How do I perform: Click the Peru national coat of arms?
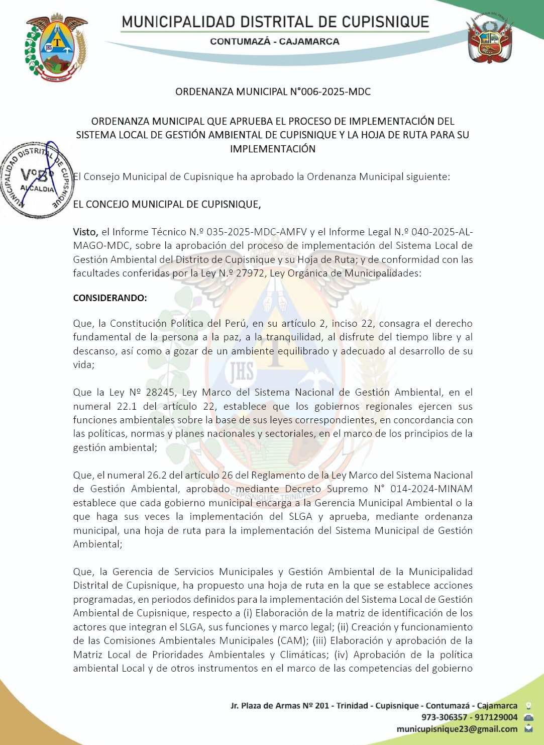click(490, 39)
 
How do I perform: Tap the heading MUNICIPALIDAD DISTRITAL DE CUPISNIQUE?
click(275, 22)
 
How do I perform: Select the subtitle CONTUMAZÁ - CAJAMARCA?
click(275, 42)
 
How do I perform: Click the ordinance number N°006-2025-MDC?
click(330, 91)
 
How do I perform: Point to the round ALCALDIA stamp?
click(37, 180)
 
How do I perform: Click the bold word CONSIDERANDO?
click(110, 298)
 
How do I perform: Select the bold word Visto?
click(85, 232)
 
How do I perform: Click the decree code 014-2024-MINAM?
click(431, 489)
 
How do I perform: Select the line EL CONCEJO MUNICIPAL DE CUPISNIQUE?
click(167, 204)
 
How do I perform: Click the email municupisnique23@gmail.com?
click(457, 729)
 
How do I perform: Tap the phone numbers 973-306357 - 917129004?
click(469, 717)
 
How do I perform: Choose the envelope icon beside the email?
click(528, 729)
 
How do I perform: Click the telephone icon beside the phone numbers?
click(528, 717)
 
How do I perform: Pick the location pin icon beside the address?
click(528, 706)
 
